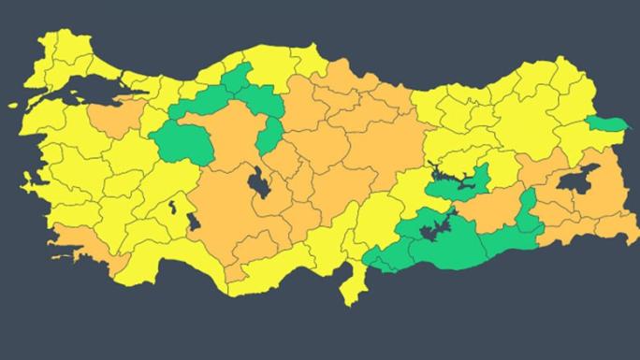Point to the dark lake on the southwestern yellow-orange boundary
[195, 223]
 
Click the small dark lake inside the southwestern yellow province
[172, 207]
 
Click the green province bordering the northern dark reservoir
[458, 183]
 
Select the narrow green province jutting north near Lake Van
[527, 209]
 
